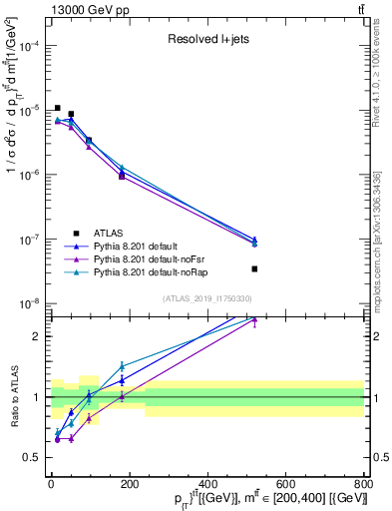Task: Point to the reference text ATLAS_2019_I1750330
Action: click(x=207, y=298)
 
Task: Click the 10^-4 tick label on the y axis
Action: click(x=28, y=46)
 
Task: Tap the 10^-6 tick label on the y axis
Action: click(x=28, y=175)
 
